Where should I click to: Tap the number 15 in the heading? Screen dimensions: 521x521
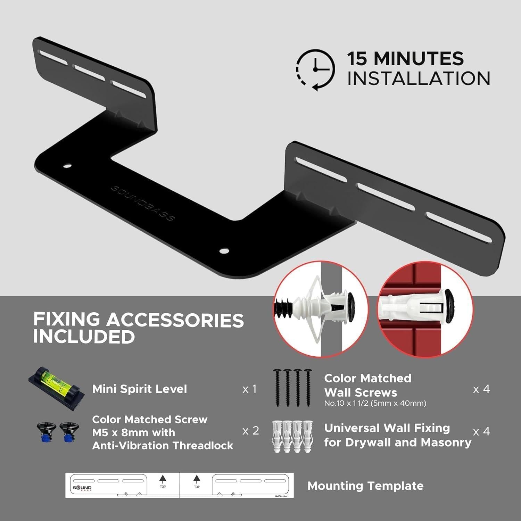point(357,59)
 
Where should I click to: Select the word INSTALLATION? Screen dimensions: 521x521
point(419,78)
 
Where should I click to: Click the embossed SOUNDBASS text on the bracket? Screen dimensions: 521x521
point(143,203)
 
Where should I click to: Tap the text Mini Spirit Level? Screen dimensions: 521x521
point(140,389)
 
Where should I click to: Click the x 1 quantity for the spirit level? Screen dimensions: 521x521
point(249,389)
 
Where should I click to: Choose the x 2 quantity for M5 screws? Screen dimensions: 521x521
point(250,431)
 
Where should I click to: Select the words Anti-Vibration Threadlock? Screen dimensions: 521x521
point(163,446)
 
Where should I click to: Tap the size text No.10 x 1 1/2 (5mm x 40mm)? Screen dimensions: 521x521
point(375,403)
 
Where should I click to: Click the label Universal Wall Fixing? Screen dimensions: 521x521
point(387,428)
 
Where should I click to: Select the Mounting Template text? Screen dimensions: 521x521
point(365,486)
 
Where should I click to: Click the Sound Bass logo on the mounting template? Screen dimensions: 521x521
point(82,488)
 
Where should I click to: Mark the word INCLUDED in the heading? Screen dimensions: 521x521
point(84,337)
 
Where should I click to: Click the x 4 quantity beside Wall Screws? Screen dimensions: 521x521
point(481,389)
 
